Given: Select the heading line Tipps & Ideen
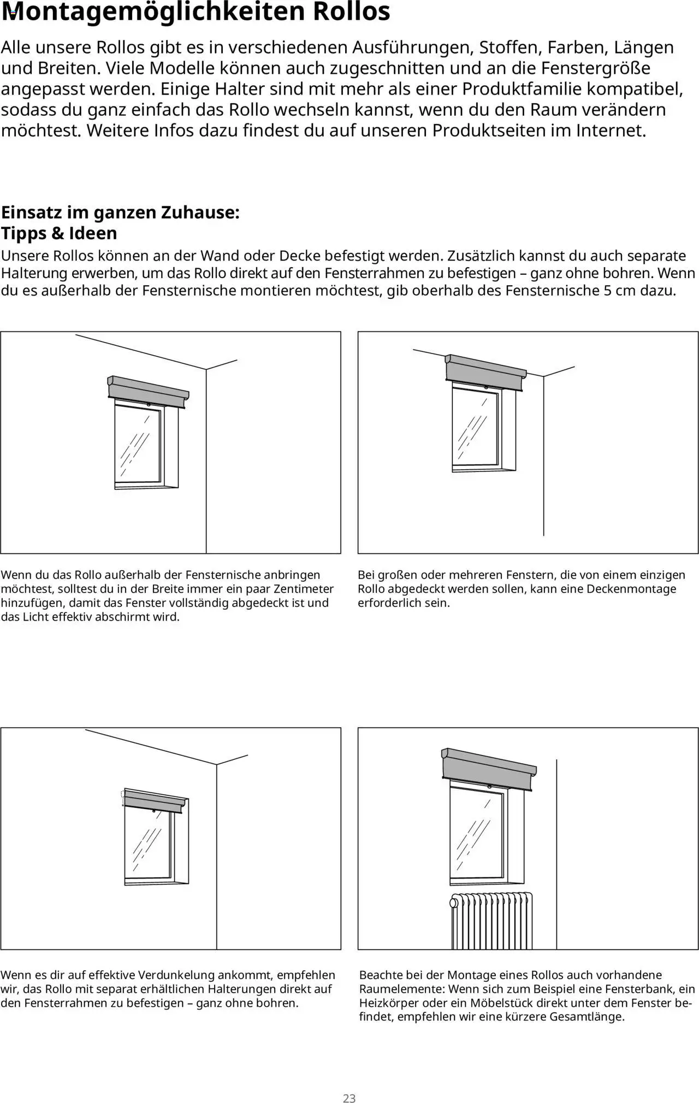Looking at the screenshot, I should [x=59, y=233].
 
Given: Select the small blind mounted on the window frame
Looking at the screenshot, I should [x=154, y=801].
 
